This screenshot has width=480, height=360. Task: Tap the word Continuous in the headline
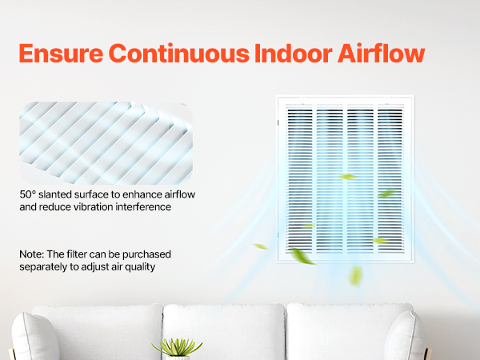click(x=178, y=54)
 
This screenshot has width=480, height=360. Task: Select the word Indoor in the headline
click(x=294, y=54)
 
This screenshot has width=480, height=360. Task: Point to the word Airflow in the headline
click(x=381, y=54)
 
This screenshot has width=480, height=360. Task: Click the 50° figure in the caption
click(x=28, y=194)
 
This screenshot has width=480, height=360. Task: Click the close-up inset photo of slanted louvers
click(x=106, y=143)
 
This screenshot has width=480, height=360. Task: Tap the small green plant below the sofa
click(x=178, y=347)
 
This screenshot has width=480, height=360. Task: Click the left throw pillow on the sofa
click(x=34, y=337)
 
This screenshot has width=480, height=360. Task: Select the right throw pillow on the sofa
click(x=406, y=336)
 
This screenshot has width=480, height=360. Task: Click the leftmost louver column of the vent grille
click(x=300, y=179)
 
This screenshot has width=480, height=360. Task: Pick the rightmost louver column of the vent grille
click(x=390, y=179)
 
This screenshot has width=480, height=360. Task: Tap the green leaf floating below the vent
click(x=356, y=276)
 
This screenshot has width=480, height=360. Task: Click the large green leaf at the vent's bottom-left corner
click(x=302, y=256)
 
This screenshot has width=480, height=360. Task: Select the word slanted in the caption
click(x=55, y=194)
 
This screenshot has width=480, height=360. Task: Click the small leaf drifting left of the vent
click(x=261, y=246)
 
